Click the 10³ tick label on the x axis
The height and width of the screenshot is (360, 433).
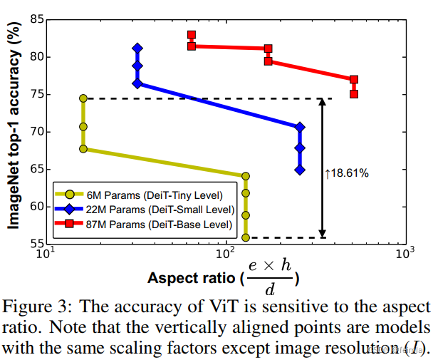(x=406, y=254)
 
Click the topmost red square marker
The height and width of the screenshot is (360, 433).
(x=192, y=35)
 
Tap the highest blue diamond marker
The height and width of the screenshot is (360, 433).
(x=137, y=48)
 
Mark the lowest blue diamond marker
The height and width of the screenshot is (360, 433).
(x=300, y=170)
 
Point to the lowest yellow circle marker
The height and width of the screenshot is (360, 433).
(x=246, y=237)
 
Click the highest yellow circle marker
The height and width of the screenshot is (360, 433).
(x=83, y=98)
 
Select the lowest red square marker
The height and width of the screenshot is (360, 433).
(x=354, y=93)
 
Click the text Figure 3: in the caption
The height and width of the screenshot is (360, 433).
(x=36, y=309)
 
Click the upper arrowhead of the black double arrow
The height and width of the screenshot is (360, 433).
(x=322, y=102)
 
